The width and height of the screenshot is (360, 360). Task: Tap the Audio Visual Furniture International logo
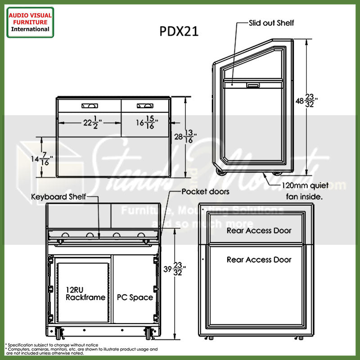pos(30,22)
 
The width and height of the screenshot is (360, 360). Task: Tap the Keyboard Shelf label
pos(58,197)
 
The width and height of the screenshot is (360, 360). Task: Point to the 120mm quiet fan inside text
pos(306,191)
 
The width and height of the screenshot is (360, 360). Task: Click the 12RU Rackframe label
pos(85,293)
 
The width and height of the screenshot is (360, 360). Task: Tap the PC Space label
pos(135,297)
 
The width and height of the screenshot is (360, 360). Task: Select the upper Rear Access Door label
pos(259,230)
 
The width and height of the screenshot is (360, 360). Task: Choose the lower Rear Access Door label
pos(259,260)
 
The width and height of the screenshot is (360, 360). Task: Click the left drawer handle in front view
pos(89,106)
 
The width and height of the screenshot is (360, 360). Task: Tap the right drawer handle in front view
pos(145,106)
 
